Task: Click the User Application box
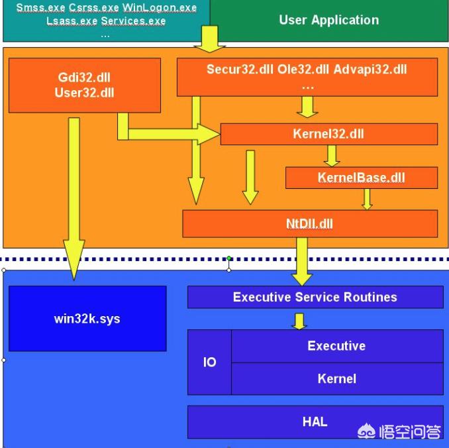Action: pyautogui.click(x=329, y=20)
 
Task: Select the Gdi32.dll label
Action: pyautogui.click(x=85, y=76)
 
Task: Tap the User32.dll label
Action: pyautogui.click(x=85, y=93)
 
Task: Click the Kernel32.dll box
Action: pyautogui.click(x=328, y=134)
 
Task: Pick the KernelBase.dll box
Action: pyautogui.click(x=361, y=178)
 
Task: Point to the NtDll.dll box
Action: pyautogui.click(x=309, y=223)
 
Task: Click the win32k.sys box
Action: pyautogui.click(x=87, y=319)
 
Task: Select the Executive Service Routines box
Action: pyautogui.click(x=315, y=297)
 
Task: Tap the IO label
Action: pyautogui.click(x=209, y=363)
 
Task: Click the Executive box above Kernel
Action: pyautogui.click(x=336, y=346)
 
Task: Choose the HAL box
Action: pyautogui.click(x=315, y=421)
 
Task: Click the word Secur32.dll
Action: pyautogui.click(x=234, y=70)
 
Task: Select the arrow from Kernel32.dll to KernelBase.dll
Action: pyautogui.click(x=332, y=155)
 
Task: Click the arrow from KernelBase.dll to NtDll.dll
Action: pyautogui.click(x=367, y=199)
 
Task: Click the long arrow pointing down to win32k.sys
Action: pyautogui.click(x=74, y=199)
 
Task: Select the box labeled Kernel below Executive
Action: pyautogui.click(x=336, y=379)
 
